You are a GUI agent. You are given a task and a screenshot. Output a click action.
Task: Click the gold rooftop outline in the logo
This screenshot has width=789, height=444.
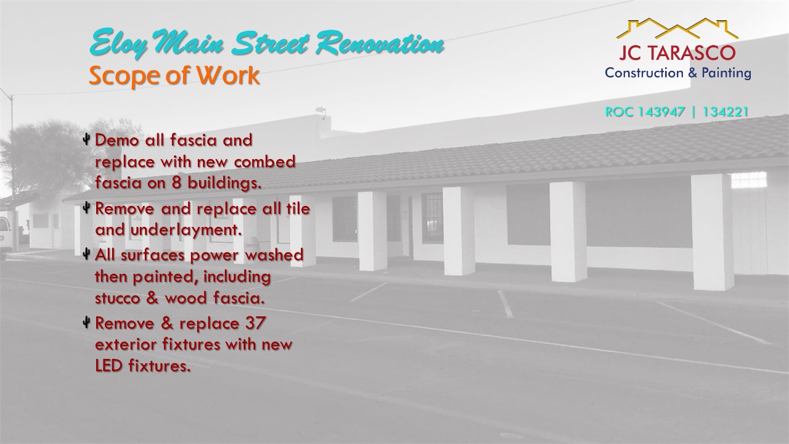point(677,28)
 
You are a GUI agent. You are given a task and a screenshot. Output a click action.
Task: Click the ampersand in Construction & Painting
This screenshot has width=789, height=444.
point(692,73)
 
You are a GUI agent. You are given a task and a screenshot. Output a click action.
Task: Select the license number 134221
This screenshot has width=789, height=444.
point(726,112)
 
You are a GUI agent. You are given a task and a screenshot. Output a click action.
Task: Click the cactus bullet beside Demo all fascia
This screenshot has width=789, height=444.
point(86,139)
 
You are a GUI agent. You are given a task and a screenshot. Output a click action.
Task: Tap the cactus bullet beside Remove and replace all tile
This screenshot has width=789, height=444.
point(86,208)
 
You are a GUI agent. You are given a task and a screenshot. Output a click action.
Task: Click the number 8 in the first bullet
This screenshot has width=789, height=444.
point(177,183)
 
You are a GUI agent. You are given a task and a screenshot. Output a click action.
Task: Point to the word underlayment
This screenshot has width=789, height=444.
point(186,230)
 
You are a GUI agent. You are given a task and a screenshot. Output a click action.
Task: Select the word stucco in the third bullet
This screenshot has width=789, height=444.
point(117,298)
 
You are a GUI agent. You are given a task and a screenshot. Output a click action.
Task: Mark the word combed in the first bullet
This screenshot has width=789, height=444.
point(264,162)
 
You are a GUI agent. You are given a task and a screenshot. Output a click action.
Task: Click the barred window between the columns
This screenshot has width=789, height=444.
point(432,218)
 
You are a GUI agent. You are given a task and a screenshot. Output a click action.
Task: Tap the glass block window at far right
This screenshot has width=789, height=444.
point(749,180)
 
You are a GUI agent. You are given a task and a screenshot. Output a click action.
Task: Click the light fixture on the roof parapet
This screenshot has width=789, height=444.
point(321,111)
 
